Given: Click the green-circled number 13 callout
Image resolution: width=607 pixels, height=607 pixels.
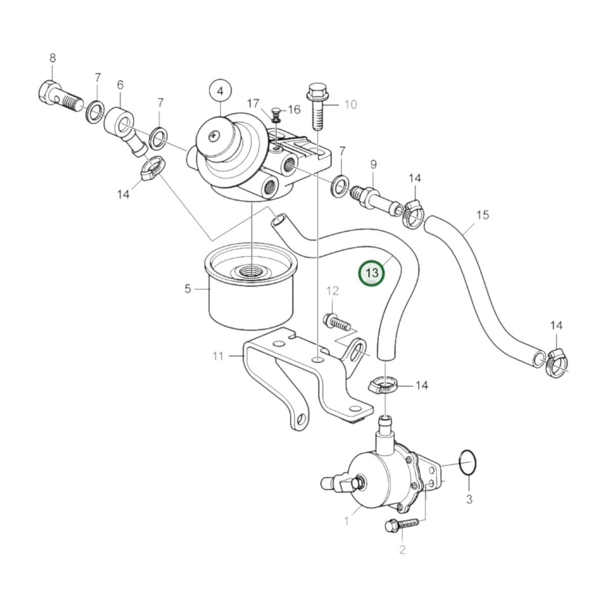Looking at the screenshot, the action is tap(372, 273).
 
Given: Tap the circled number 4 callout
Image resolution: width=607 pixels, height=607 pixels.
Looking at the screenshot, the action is tap(220, 91).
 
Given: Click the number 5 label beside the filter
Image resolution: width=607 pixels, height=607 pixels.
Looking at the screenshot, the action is tap(188, 288).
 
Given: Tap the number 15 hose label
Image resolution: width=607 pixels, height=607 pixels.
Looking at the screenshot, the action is tap(482, 215).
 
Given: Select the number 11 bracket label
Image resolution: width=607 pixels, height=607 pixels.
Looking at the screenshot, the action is tap(218, 356).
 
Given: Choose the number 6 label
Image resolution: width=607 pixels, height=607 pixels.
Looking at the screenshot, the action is tap(120, 85).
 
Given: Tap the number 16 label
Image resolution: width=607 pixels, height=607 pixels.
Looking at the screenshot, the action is tap(294, 109).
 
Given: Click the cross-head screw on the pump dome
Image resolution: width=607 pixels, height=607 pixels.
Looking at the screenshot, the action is tap(214, 136).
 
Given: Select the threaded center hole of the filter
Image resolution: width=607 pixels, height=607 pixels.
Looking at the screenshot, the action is tap(252, 271).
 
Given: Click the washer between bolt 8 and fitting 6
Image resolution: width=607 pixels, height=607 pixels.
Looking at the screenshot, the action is tap(95, 112).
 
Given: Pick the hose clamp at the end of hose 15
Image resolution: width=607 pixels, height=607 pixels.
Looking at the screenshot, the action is tap(556, 364).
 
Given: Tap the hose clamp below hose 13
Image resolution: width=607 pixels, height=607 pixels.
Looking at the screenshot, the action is tap(382, 386).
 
